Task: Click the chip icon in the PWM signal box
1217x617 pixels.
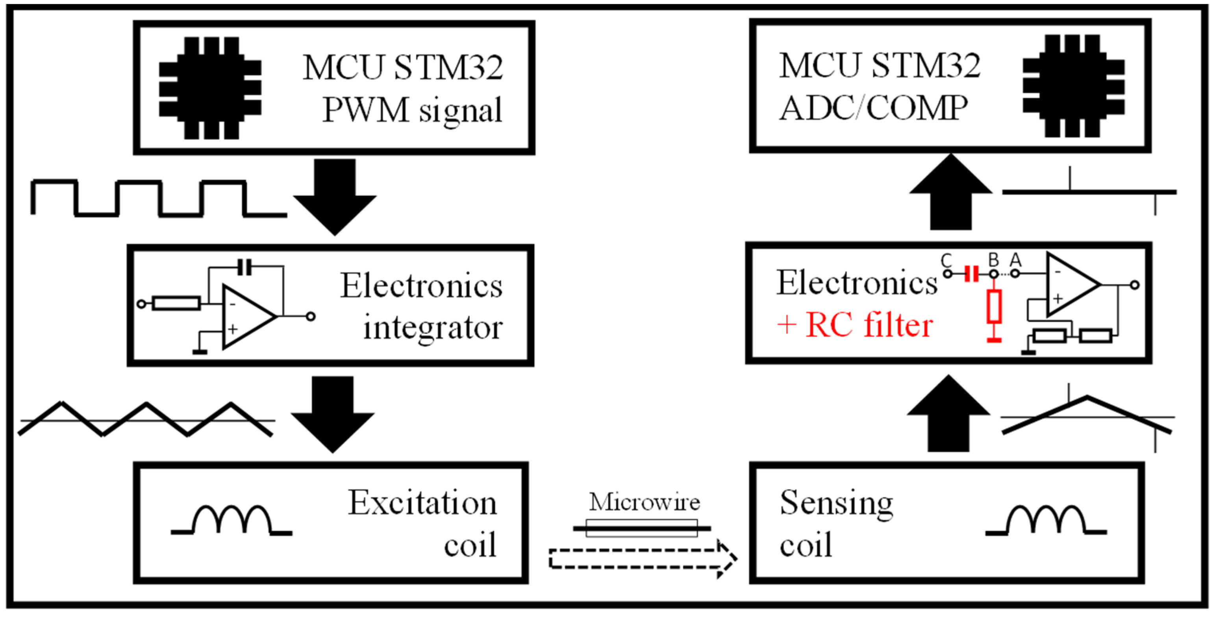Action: [x=210, y=88]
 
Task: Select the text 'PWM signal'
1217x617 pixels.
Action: [x=412, y=110]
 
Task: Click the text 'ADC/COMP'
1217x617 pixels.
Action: [x=872, y=108]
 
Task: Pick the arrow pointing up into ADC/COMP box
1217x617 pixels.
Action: [x=950, y=193]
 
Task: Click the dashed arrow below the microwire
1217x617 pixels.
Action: [x=643, y=558]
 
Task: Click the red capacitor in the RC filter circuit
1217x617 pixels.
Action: [x=971, y=274]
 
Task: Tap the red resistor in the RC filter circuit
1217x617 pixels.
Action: [x=994, y=307]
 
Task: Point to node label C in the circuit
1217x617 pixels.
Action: [x=946, y=260]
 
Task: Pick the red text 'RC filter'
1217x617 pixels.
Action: [x=869, y=326]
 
